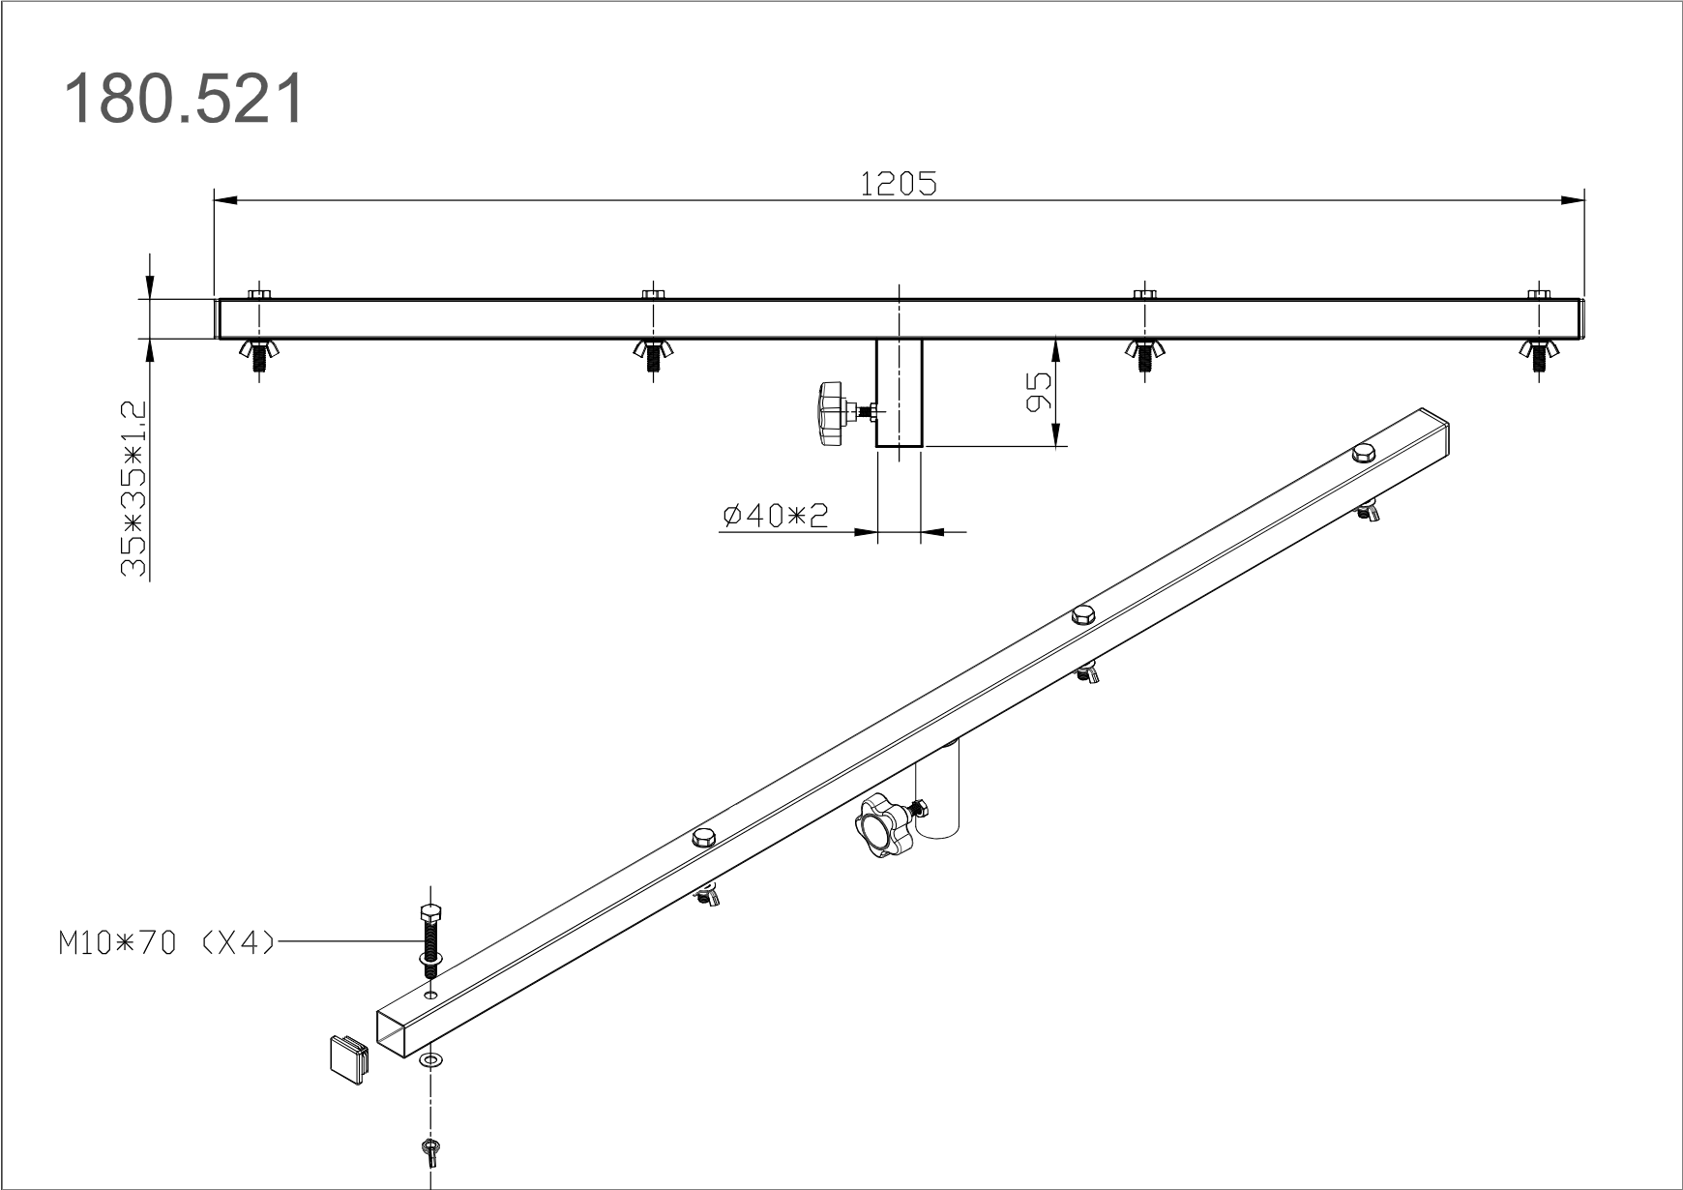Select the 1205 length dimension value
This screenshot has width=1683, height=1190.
click(899, 184)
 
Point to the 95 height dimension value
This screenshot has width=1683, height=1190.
click(1037, 391)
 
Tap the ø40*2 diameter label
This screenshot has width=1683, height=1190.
click(776, 516)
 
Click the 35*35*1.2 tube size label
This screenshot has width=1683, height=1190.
click(133, 490)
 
